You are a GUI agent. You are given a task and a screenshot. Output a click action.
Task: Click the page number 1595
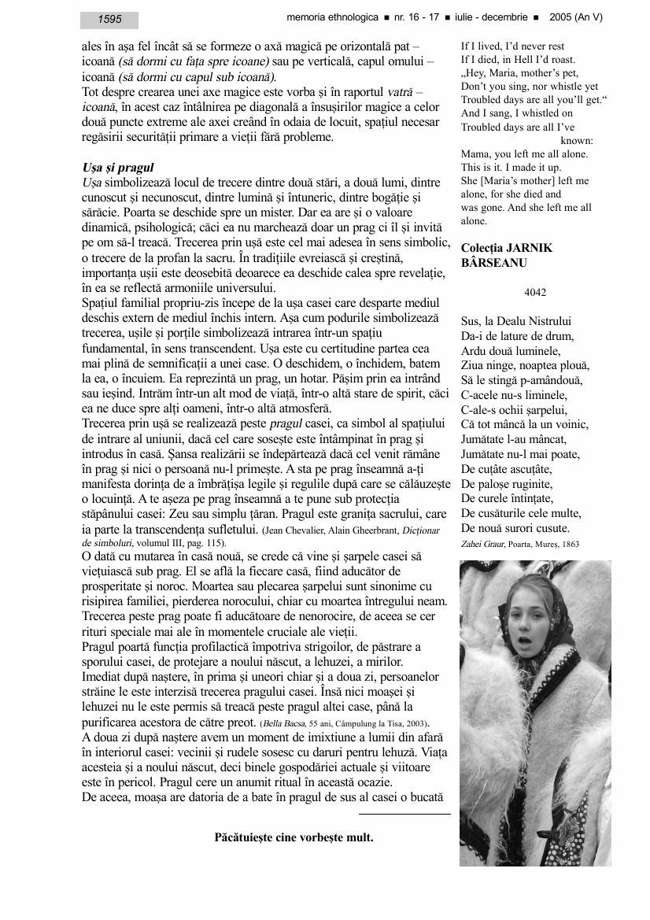coord(109,20)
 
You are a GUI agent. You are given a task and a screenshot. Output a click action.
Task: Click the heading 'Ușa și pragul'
coord(117,168)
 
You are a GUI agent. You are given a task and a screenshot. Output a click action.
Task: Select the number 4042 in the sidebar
coord(535,292)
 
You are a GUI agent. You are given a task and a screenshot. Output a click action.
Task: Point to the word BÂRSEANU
coord(493,263)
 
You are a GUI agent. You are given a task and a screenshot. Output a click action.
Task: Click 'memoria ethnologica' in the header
coord(331,17)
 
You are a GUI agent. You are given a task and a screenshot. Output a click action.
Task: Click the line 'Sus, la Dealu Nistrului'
coord(516,321)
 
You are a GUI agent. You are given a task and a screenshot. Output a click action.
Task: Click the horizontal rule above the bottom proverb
coord(404,814)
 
